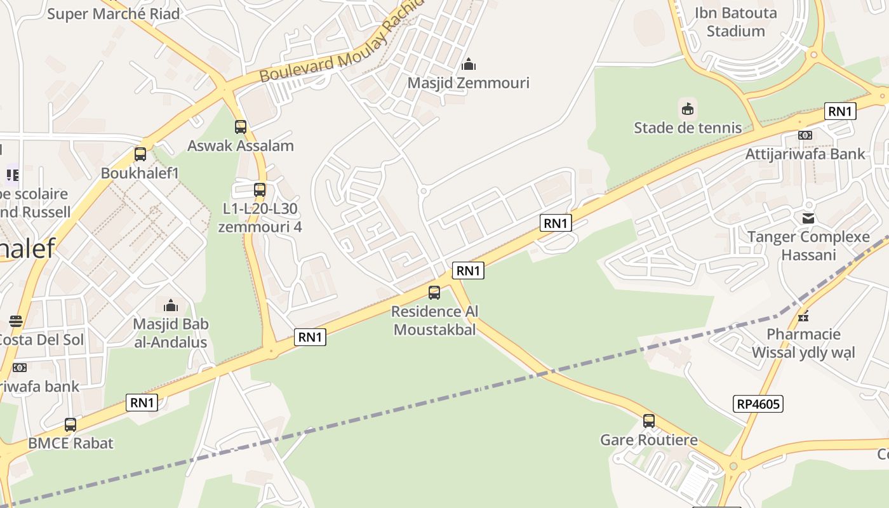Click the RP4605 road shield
pyautogui.click(x=758, y=404)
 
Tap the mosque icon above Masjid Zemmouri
pyautogui.click(x=469, y=64)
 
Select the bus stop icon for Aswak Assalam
pyautogui.click(x=241, y=126)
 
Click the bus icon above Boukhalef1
pyautogui.click(x=140, y=154)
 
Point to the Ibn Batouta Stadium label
pyautogui.click(x=735, y=22)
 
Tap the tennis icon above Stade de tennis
pyautogui.click(x=687, y=109)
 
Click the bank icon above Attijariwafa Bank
pyautogui.click(x=805, y=135)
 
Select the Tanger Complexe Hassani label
pyautogui.click(x=808, y=246)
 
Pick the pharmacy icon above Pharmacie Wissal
pyautogui.click(x=803, y=316)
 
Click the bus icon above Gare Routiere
pyautogui.click(x=648, y=420)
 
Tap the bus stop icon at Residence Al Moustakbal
pyautogui.click(x=434, y=292)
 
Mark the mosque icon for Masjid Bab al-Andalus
pyautogui.click(x=170, y=305)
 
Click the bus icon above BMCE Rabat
pyautogui.click(x=70, y=424)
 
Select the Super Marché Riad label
pyautogui.click(x=113, y=13)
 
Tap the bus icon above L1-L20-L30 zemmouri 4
pyautogui.click(x=259, y=189)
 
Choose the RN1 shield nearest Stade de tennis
pyautogui.click(x=840, y=112)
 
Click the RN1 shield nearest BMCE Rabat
pyautogui.click(x=142, y=403)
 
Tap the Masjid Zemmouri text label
pyautogui.click(x=468, y=83)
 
